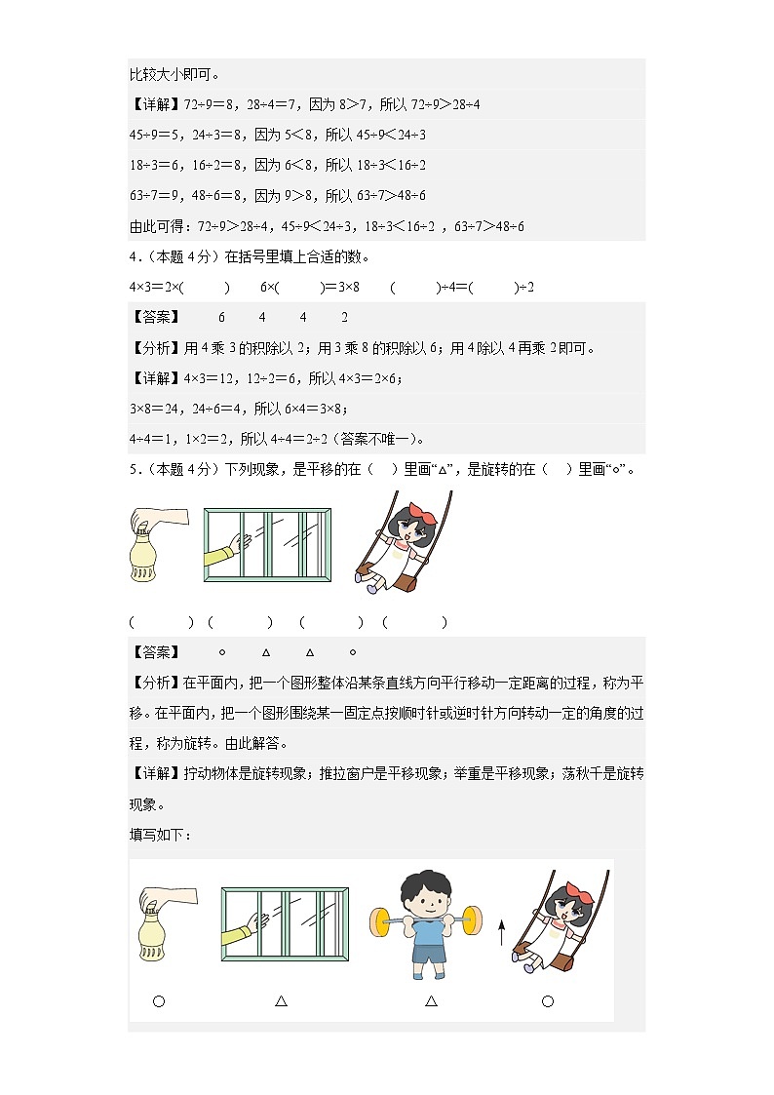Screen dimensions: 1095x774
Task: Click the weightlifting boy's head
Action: (x=426, y=892)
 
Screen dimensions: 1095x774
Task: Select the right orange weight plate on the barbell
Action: (x=473, y=919)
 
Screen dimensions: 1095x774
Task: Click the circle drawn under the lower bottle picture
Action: (x=159, y=1001)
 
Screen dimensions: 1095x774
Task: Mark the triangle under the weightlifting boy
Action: (x=431, y=1001)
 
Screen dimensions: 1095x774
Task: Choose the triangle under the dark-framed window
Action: (x=281, y=1001)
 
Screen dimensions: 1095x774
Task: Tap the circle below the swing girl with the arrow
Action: (x=547, y=1001)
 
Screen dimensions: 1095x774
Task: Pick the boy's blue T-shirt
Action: (x=426, y=932)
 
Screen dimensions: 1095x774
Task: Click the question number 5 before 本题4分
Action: (x=134, y=470)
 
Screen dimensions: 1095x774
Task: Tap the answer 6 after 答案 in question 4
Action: (x=221, y=318)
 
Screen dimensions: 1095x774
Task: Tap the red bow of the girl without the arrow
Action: (x=419, y=511)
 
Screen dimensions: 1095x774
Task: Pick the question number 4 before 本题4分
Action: (x=134, y=257)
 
